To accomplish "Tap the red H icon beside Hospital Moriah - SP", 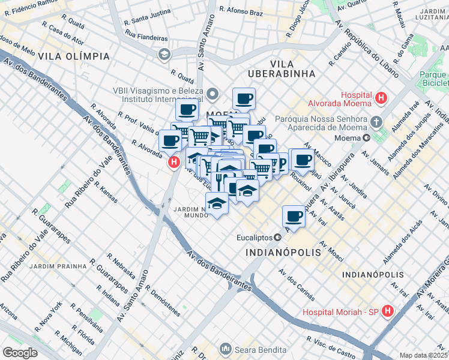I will pyautogui.click(x=388, y=311).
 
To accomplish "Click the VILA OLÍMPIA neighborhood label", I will pyautogui.click(x=74, y=56).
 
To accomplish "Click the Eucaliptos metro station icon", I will pyautogui.click(x=277, y=237).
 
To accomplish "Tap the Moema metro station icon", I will pyautogui.click(x=367, y=137).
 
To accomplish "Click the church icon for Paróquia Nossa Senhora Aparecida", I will pyautogui.click(x=376, y=122).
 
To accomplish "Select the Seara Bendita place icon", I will pyautogui.click(x=226, y=348).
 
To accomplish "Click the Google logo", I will pyautogui.click(x=20, y=353).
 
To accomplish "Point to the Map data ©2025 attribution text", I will pyautogui.click(x=424, y=355).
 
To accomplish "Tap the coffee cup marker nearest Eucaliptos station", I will pyautogui.click(x=294, y=215).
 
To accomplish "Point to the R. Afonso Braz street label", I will pyautogui.click(x=243, y=10).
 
